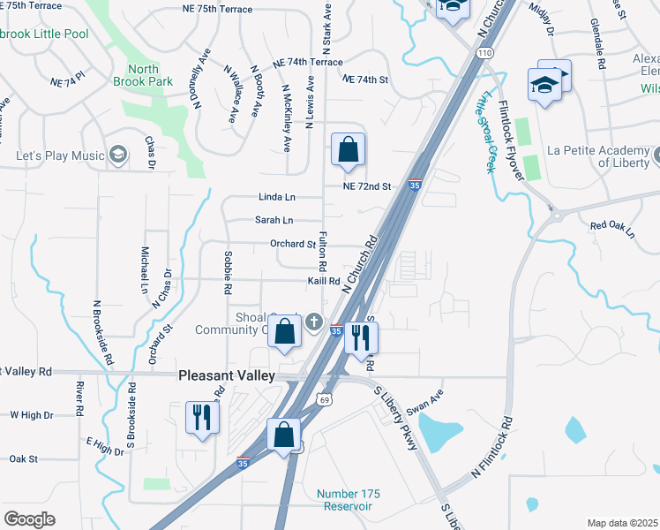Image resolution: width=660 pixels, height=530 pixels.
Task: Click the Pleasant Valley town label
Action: point(227,375)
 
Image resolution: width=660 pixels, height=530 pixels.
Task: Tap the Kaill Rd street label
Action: point(324,281)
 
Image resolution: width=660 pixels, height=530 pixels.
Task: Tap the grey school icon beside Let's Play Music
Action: point(117,156)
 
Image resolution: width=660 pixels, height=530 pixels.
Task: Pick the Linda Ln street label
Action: point(276,196)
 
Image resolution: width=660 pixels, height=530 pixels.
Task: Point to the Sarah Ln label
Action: point(274,220)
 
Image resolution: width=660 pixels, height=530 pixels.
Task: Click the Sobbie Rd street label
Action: point(228,272)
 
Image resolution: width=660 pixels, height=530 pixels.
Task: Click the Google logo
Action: point(29,519)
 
